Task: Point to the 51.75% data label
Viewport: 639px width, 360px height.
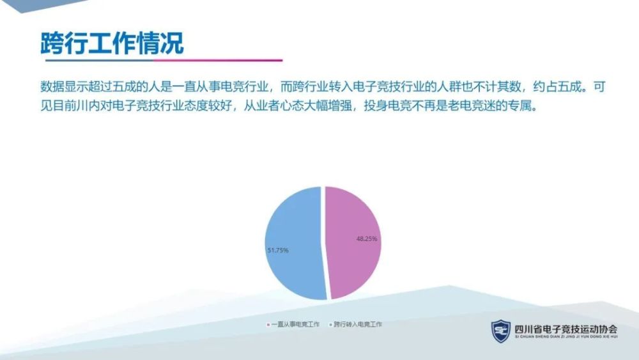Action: pos(278,250)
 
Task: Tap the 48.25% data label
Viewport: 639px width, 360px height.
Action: pos(367,239)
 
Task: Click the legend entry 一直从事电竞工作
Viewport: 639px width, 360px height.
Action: pos(295,325)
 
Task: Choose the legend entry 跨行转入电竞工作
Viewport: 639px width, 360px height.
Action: pos(358,325)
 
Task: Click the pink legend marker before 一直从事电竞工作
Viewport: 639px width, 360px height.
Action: pos(268,325)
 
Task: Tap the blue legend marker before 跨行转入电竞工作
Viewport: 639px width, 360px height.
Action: pos(330,325)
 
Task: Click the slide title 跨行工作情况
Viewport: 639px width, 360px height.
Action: pos(112,43)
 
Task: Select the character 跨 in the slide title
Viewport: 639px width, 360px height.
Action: pos(52,43)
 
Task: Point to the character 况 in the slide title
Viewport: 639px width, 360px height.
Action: pos(173,43)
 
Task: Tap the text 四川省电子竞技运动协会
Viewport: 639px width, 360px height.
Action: pos(566,329)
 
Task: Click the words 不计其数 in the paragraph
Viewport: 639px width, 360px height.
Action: pos(485,87)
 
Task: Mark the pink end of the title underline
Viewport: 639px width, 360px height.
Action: pos(282,60)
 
